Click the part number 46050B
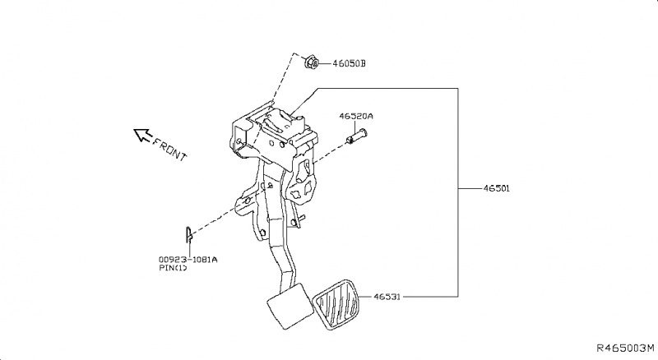point(350,63)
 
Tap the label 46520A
point(356,118)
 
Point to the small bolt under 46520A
point(353,138)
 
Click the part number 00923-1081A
point(188,259)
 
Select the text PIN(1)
point(173,269)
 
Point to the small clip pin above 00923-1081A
point(188,235)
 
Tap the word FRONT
point(170,148)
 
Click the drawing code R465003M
point(624,349)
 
